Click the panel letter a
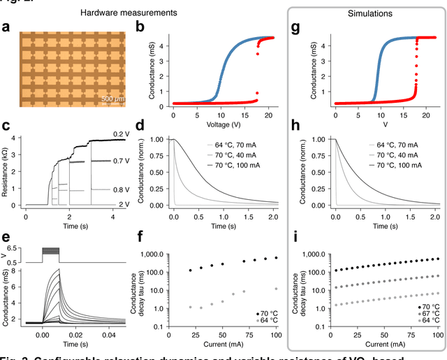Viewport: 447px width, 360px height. point(6,27)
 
